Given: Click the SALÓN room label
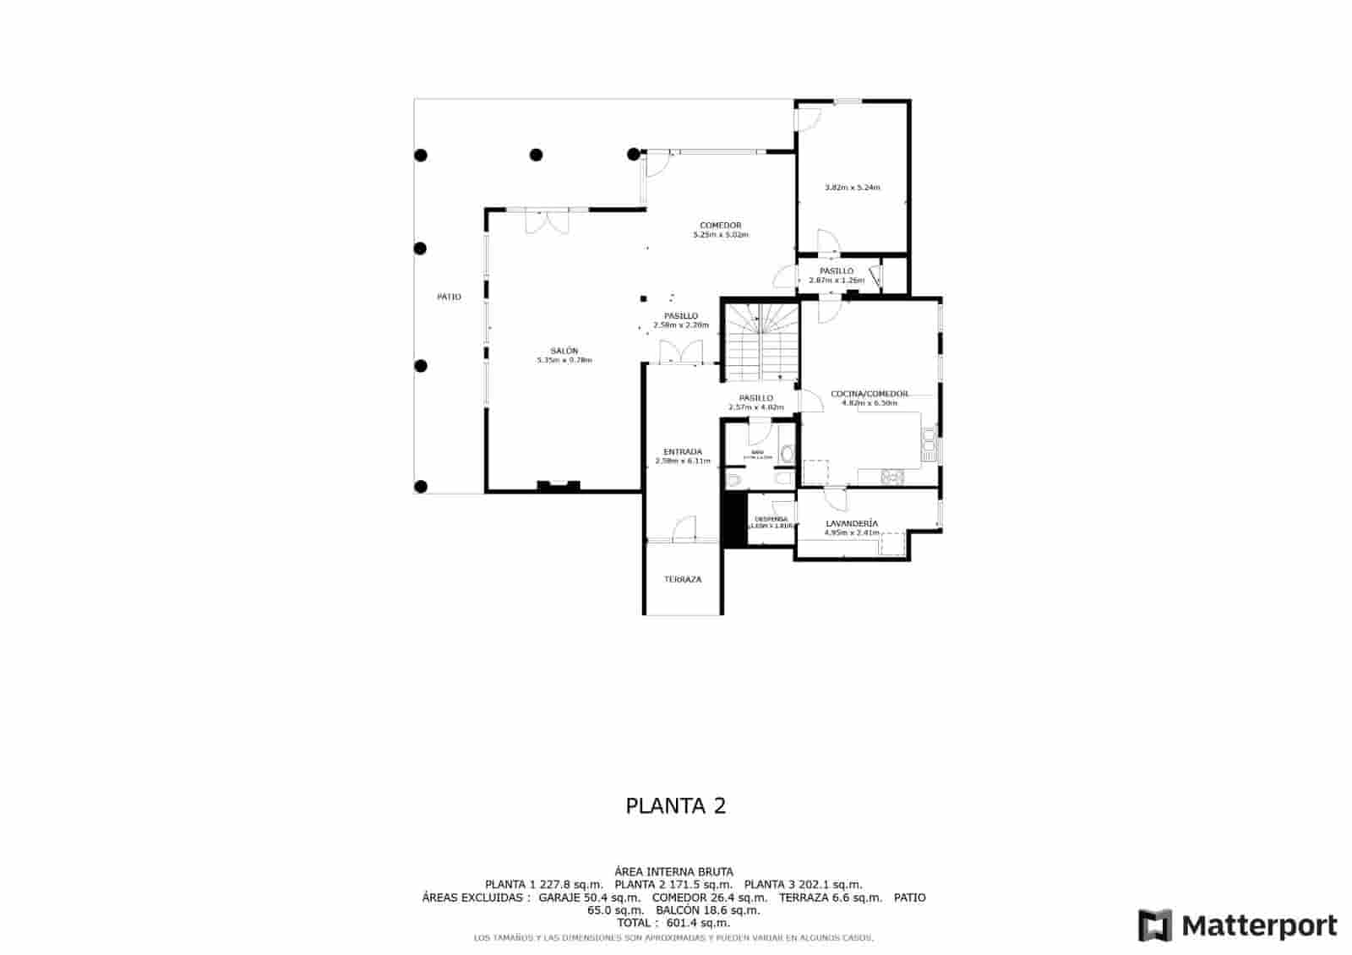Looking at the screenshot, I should pos(564,351).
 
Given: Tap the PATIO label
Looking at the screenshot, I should pos(449,297).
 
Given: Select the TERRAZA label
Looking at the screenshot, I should pos(682,580).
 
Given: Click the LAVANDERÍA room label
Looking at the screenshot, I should pos(851,524).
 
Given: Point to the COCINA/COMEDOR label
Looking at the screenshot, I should pos(870,394).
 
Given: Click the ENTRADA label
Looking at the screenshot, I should pos(683,452).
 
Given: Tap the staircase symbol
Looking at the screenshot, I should pos(764,343).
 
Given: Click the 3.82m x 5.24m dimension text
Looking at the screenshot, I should pos(852,188).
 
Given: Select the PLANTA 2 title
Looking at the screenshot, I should pos(675,805).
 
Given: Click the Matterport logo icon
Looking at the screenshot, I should pos(1155,925).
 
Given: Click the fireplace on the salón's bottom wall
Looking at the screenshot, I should pos(559,486).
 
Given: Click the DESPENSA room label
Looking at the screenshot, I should pos(771,519).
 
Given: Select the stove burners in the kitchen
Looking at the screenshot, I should pos(891,477).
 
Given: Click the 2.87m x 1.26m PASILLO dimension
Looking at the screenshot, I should pos(837,281).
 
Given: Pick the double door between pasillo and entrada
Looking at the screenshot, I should pos(681,352).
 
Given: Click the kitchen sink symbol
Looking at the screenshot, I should pos(929,445).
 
